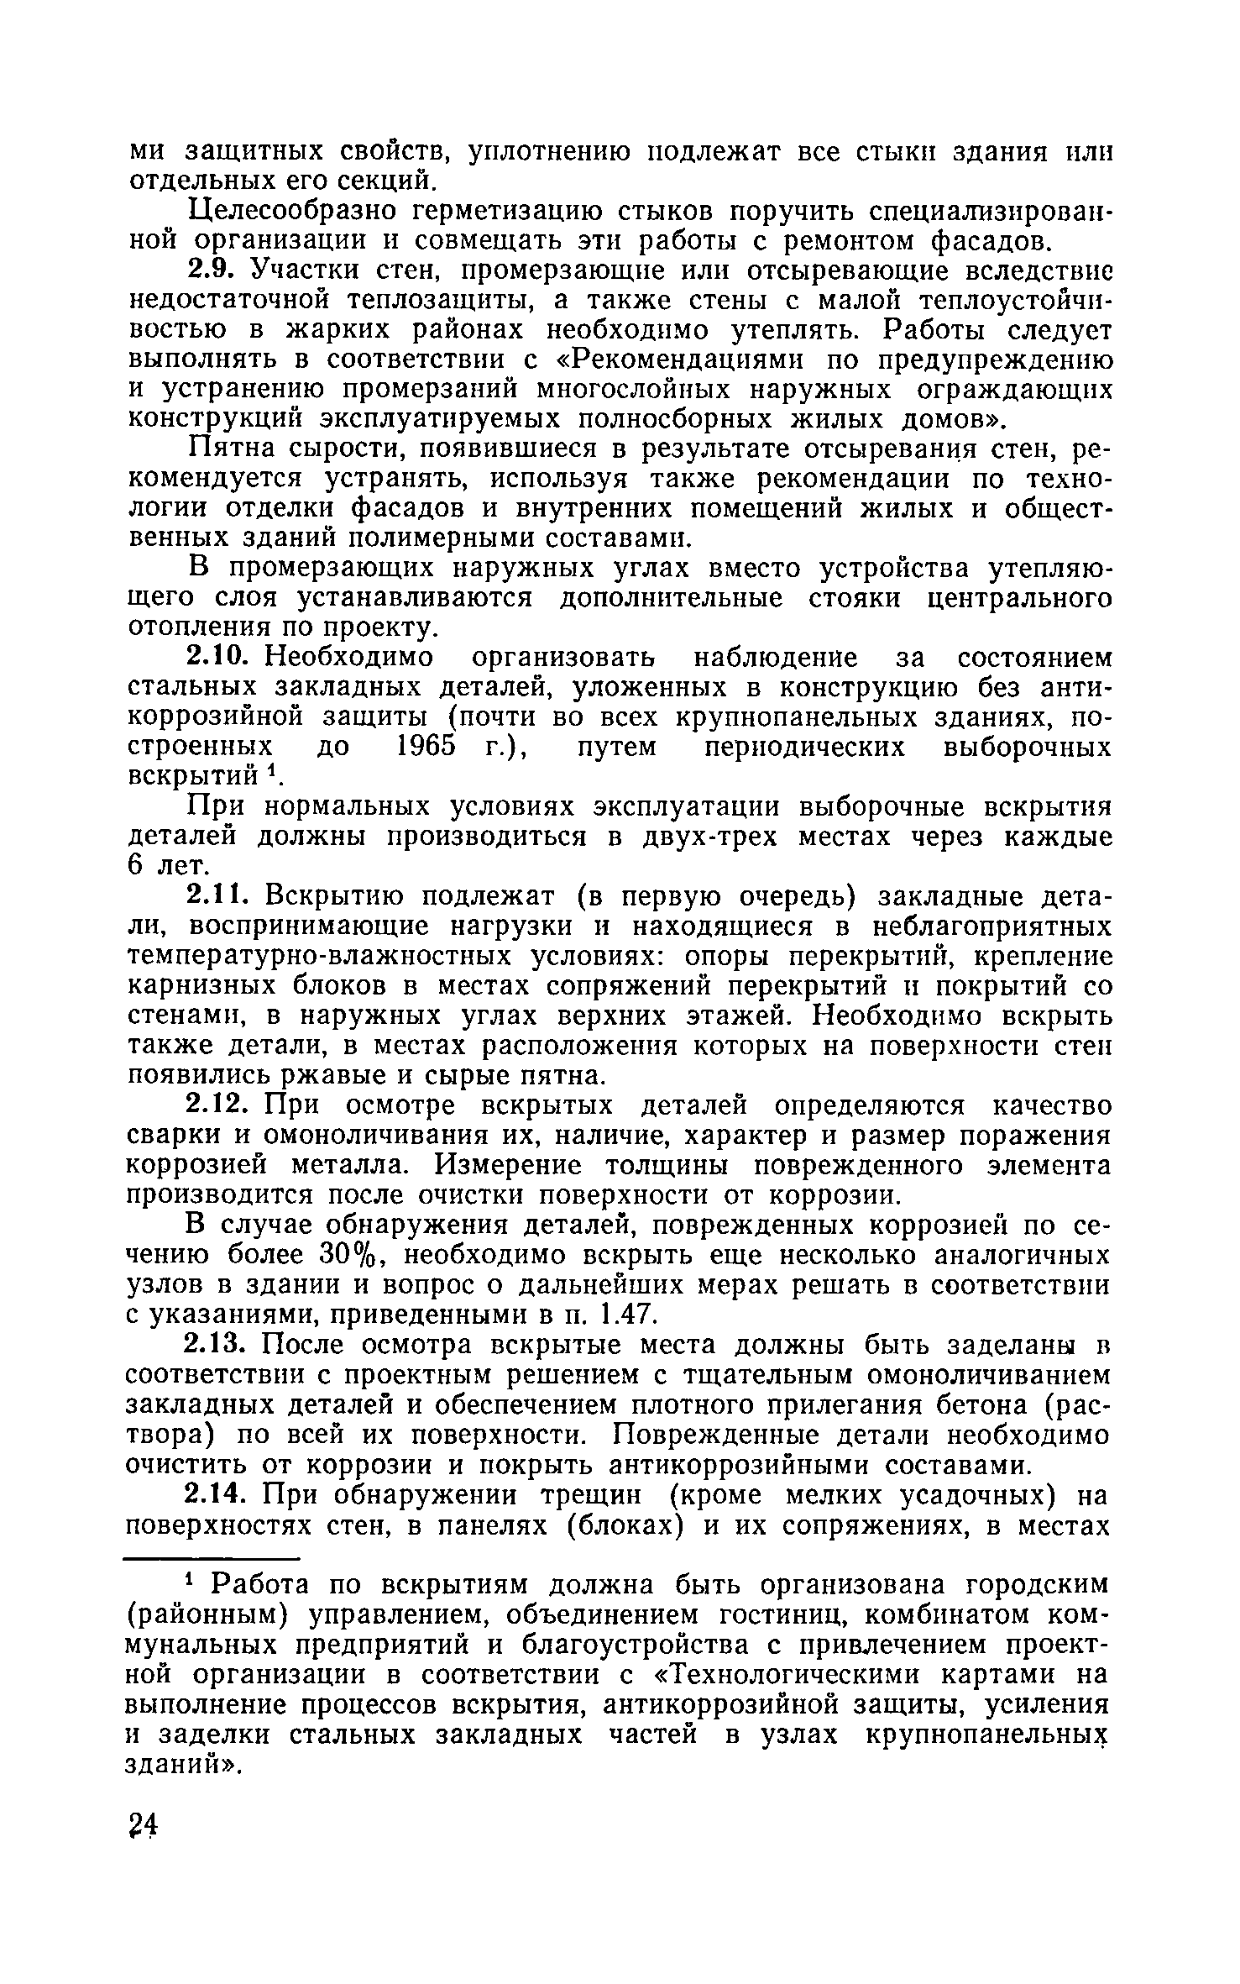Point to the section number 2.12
pos(218,1105)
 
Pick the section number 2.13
pos(218,1345)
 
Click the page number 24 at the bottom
pos(144,1825)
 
